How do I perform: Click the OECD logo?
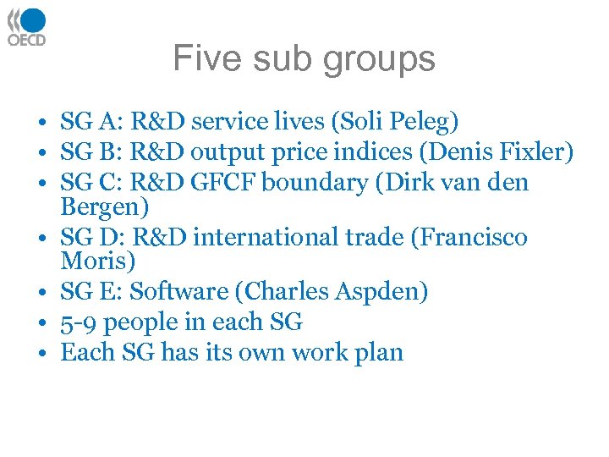click(x=27, y=26)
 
